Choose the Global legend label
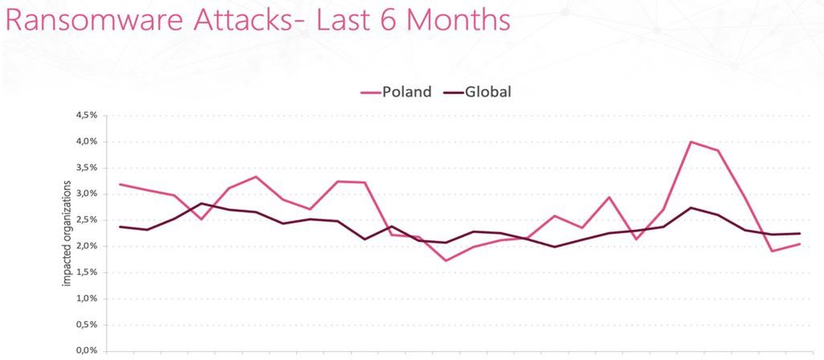pyautogui.click(x=487, y=92)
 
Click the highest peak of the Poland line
pyautogui.click(x=691, y=142)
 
